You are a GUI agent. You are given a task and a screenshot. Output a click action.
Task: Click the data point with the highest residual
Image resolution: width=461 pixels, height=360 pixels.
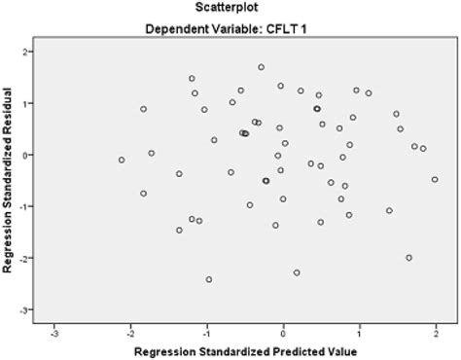click(x=261, y=67)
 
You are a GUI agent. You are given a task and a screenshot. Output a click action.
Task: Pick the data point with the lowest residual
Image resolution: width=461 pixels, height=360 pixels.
click(x=209, y=279)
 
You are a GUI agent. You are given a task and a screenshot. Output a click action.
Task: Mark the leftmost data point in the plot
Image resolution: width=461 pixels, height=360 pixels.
click(x=122, y=160)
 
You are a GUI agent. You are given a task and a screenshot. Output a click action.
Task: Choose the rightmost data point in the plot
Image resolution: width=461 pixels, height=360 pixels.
click(x=435, y=179)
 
